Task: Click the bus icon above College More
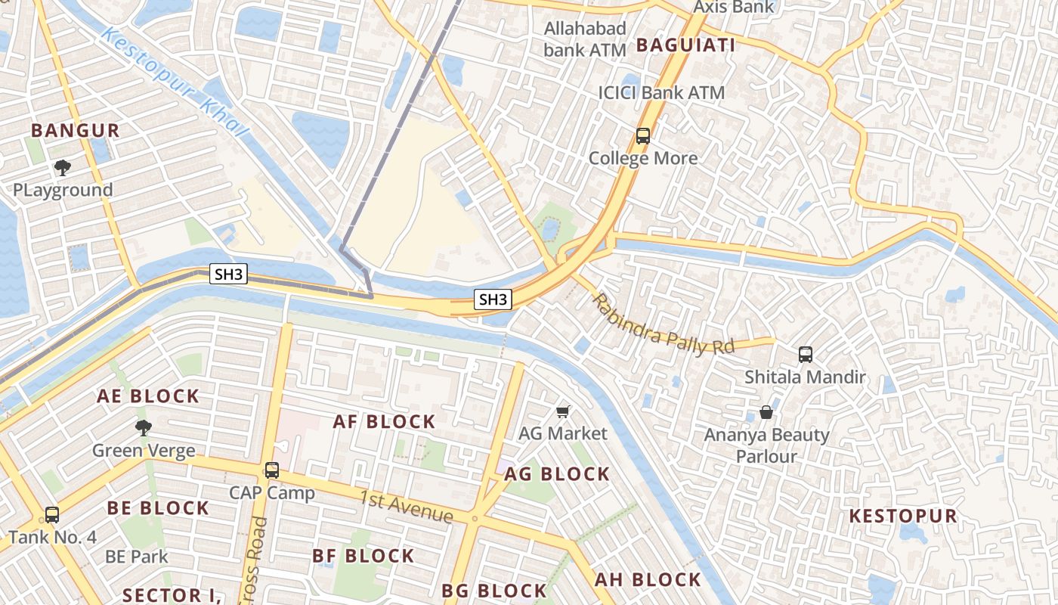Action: click(x=643, y=136)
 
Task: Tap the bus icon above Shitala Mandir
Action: click(x=806, y=354)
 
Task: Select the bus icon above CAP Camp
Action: click(x=272, y=470)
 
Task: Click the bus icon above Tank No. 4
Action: click(x=52, y=515)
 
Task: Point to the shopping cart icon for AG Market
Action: click(x=562, y=411)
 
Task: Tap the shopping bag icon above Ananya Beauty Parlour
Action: click(x=766, y=412)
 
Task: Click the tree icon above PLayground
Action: click(x=63, y=167)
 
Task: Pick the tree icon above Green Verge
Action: click(x=143, y=428)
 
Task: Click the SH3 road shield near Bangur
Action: click(x=228, y=275)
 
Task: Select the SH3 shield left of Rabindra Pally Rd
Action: click(x=493, y=299)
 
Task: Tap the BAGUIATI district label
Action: click(x=685, y=45)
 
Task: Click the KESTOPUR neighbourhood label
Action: click(x=903, y=517)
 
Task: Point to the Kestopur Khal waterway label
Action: click(x=175, y=83)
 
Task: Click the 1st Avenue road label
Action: click(x=406, y=507)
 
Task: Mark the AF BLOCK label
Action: click(x=385, y=422)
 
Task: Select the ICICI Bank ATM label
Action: click(x=661, y=93)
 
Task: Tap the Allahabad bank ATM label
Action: click(x=586, y=39)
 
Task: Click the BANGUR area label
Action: click(x=76, y=130)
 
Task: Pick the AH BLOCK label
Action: click(x=648, y=580)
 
